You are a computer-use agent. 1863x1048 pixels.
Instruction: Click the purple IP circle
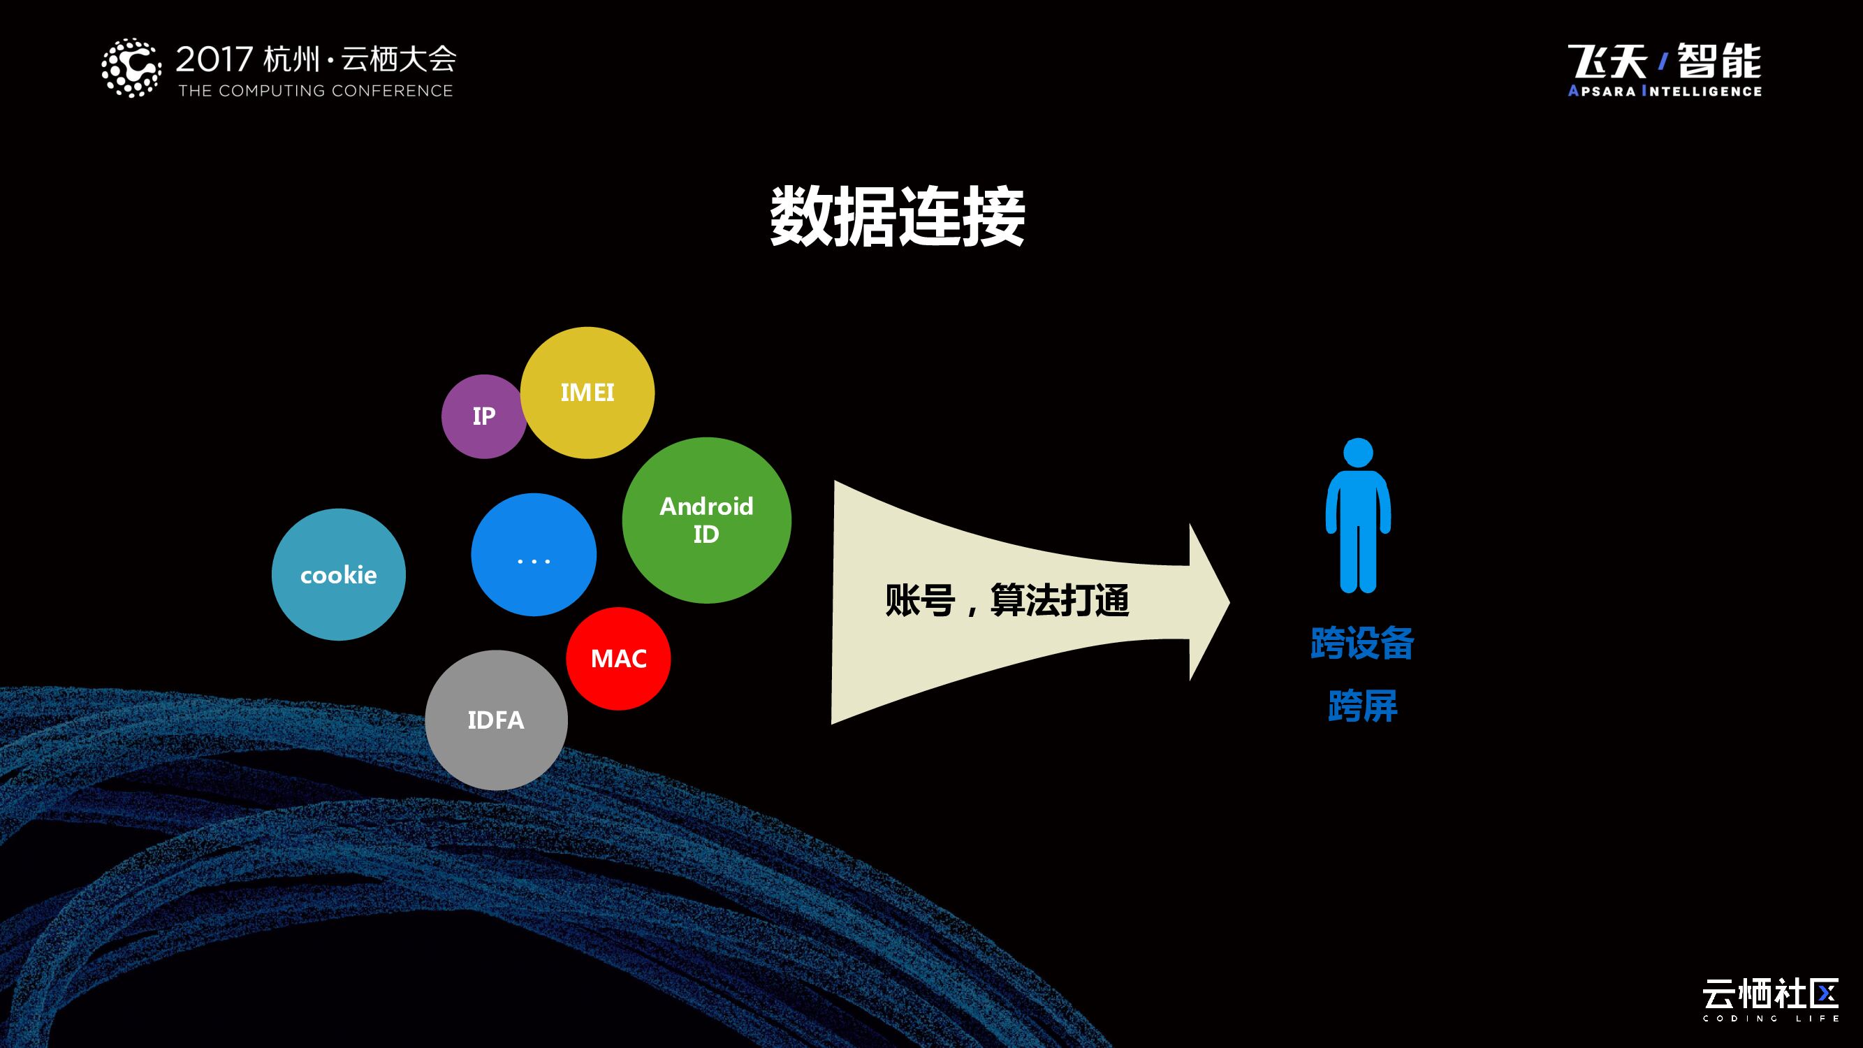(483, 416)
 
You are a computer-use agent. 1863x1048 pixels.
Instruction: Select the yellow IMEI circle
(587, 392)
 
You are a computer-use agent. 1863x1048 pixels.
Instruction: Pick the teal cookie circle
(339, 574)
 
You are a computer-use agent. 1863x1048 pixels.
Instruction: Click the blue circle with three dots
(534, 555)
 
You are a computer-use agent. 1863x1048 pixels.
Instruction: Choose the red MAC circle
(618, 658)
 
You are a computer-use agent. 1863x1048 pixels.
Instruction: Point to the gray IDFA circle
(496, 720)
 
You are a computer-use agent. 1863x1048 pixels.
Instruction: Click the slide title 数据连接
(897, 217)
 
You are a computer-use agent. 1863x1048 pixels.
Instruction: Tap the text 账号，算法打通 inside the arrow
(1007, 600)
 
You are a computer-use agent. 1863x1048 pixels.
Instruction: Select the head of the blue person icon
(1357, 453)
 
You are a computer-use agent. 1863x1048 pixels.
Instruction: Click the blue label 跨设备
(1362, 643)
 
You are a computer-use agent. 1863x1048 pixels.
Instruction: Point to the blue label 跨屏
(1363, 706)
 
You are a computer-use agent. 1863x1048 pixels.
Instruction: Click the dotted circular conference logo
(131, 68)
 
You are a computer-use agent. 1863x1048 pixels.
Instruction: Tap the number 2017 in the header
(214, 59)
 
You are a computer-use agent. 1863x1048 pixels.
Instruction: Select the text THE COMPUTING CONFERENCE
(315, 91)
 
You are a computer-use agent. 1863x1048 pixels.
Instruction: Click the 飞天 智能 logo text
(1664, 61)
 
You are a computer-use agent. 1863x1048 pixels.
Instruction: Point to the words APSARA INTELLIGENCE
(1664, 91)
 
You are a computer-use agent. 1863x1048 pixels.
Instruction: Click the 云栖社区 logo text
(1769, 994)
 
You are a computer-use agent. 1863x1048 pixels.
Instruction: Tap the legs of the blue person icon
(1357, 560)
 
